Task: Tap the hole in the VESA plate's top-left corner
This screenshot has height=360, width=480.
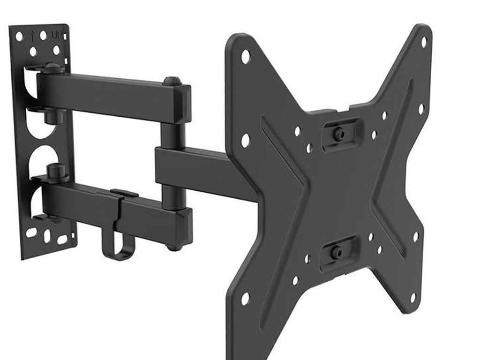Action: (x=245, y=57)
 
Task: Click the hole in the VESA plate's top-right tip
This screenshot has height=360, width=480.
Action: (x=423, y=42)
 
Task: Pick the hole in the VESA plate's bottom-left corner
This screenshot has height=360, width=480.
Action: (x=245, y=298)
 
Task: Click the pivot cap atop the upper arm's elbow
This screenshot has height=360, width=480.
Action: (x=172, y=81)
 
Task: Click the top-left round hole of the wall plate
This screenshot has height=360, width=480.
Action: (x=19, y=36)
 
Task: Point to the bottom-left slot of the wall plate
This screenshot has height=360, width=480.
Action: (x=31, y=232)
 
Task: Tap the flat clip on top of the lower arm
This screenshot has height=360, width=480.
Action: (x=124, y=193)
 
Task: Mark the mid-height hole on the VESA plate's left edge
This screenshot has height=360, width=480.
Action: (x=245, y=140)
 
